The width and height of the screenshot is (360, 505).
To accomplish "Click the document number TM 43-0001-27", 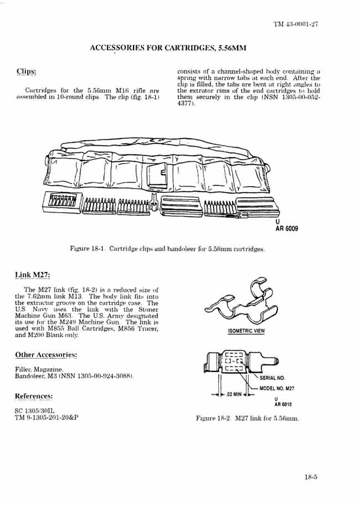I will point(295,24).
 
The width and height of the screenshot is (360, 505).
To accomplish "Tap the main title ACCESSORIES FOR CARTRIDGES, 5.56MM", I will point(168,48).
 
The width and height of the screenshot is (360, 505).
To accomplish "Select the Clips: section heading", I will point(26,72).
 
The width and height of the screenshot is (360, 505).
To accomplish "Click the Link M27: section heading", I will point(34,276).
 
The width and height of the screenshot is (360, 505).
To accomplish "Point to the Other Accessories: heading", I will point(45,354).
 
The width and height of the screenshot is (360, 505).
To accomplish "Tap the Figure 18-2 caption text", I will point(247,419).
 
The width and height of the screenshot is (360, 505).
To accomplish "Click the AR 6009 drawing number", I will point(286,228).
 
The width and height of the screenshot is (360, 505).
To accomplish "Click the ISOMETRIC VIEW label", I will point(246,331).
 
